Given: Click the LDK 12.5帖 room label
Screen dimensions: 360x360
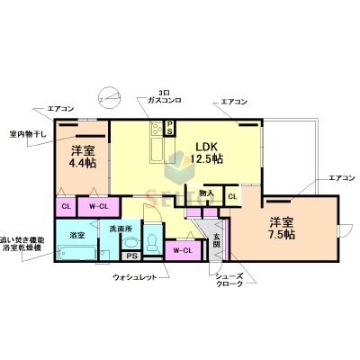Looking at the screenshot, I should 206,152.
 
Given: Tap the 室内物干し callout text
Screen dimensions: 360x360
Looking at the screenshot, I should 27,134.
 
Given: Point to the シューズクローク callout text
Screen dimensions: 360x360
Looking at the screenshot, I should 229,282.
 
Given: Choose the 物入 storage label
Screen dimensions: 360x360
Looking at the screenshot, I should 206,193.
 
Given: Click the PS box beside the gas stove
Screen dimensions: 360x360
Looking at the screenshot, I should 169,127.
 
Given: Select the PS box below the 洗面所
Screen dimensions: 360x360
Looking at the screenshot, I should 131,256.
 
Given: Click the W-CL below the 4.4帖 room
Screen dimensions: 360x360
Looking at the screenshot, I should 100,206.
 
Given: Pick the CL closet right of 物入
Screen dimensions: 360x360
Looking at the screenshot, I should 232,195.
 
